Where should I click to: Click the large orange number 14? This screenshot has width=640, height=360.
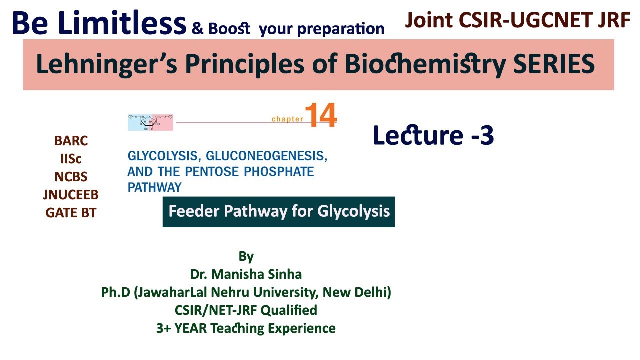point(320,115)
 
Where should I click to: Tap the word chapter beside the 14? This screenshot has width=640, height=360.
point(287,119)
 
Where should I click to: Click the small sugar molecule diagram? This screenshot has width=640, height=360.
point(150,122)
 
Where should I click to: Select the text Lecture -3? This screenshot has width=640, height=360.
point(433,136)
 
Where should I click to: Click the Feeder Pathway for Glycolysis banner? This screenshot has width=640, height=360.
point(279,211)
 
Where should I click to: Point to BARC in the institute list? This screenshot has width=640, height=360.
point(71,141)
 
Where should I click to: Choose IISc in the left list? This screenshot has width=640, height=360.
point(71,159)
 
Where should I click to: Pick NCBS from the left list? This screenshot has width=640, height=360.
point(71,177)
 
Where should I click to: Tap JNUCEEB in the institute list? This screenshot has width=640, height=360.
point(71,195)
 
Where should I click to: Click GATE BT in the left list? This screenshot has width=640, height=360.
point(71,213)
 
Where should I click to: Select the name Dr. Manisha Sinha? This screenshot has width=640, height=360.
point(246,274)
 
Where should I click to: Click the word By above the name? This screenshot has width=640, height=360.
point(246,257)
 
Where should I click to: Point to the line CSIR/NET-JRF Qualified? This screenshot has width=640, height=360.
point(246,310)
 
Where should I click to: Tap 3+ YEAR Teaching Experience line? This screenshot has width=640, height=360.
point(246,328)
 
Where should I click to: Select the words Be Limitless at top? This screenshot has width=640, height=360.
point(99,23)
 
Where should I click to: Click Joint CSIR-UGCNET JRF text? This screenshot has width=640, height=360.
point(517,20)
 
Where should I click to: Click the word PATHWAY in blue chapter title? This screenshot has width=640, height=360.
point(154,187)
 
